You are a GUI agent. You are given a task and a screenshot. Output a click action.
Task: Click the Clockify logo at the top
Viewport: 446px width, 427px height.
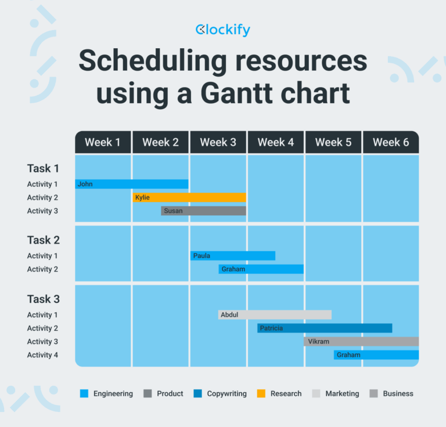(223, 30)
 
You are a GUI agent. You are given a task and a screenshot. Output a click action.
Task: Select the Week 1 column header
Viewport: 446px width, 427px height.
(103, 142)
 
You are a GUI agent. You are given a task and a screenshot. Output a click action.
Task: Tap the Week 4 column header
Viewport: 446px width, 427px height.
(276, 142)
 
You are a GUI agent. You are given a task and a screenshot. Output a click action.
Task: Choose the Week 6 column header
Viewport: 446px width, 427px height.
(391, 142)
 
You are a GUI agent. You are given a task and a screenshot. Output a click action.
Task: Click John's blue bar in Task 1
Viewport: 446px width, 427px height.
(132, 184)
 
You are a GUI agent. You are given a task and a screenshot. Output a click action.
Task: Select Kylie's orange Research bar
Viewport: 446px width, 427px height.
(189, 197)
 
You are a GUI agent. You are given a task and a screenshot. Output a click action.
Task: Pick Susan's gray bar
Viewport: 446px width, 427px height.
(204, 211)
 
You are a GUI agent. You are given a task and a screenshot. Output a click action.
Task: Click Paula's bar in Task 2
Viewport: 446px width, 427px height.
(233, 255)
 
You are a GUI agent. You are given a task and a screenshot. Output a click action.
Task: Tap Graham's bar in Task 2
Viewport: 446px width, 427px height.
(261, 269)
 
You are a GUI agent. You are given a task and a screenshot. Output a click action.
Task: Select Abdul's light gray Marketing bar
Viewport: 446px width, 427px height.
(275, 314)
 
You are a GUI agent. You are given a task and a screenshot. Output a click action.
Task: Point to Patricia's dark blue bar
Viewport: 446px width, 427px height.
(325, 328)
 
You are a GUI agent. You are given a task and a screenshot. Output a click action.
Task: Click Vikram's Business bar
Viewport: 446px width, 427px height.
(361, 342)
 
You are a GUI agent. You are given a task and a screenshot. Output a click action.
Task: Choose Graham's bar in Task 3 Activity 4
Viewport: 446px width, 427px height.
(376, 355)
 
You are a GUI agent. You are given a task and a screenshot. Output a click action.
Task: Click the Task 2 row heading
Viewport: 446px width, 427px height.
(44, 240)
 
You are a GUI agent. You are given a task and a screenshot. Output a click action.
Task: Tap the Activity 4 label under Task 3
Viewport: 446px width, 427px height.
(43, 355)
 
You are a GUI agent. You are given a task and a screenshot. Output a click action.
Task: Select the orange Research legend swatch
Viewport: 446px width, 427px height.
(261, 393)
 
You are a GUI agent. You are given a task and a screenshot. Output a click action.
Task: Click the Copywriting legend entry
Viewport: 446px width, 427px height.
(225, 393)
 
